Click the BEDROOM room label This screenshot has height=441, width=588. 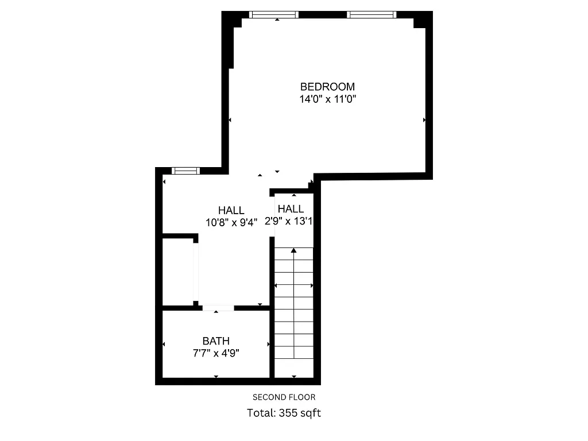pos(328,87)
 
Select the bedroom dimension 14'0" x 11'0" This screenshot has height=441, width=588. pos(328,99)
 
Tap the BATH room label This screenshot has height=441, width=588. pos(216,341)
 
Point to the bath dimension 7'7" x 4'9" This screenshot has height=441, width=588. pos(216,353)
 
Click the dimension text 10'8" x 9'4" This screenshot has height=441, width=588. pos(231,222)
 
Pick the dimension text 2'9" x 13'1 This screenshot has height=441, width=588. pos(289,222)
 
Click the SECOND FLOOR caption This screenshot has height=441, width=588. pos(284,397)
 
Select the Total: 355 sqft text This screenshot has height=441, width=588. pos(284,412)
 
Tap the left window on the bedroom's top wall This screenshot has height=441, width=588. pos(274,14)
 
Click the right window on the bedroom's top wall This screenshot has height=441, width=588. pos(372,14)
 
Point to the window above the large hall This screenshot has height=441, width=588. pos(186,171)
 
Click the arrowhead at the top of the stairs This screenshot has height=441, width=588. pos(294,250)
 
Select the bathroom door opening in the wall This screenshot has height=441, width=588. pos(218,308)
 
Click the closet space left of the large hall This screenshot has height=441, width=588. pos(178,271)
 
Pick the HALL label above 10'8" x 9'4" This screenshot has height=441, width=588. pos(231,210)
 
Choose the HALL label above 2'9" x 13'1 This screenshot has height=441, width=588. pos(291,209)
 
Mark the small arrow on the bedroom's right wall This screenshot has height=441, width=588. pos(424,120)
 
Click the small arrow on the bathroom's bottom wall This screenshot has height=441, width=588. pos(216,377)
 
